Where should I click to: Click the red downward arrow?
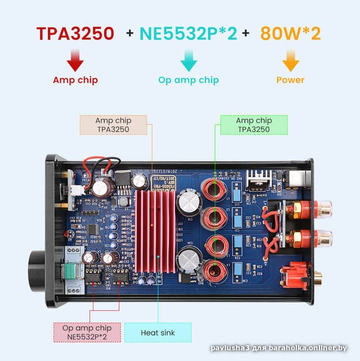point(75,60)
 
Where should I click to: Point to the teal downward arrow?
point(188,60)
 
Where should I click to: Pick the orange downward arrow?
point(290,60)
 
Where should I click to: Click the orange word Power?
point(290,80)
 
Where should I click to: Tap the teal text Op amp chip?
point(188,80)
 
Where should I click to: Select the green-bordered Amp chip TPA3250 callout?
point(254,125)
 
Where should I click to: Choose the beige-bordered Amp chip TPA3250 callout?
point(113,125)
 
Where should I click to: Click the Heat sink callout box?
point(158,333)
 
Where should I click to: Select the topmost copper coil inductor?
point(214,190)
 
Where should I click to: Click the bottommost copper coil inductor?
point(214,271)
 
